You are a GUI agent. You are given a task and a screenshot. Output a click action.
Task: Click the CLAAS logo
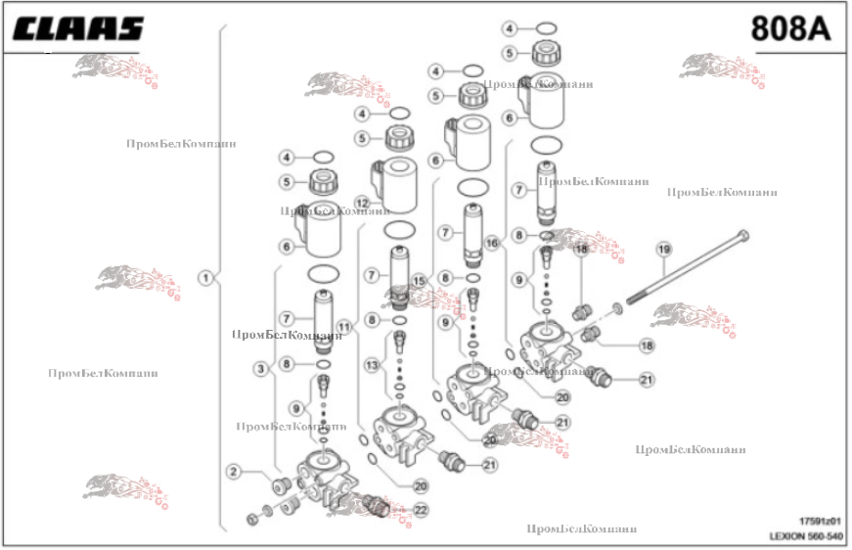point(77,29)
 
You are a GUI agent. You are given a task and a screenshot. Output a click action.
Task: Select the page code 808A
point(790,29)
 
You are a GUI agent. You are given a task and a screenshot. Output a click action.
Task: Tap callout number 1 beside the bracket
point(205,278)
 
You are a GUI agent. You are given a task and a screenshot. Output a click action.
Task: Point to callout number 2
point(234,473)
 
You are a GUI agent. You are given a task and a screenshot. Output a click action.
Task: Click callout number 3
point(261,369)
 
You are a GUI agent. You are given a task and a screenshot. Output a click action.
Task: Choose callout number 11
point(344,326)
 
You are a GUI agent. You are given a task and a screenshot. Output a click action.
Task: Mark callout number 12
point(362,203)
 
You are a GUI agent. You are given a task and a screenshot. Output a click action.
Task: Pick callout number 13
point(372,365)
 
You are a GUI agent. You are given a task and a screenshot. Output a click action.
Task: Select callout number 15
point(420,281)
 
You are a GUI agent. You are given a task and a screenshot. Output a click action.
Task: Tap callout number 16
point(492,242)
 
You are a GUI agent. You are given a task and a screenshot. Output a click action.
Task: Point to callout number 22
point(421,510)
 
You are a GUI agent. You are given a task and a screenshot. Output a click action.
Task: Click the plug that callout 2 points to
point(279,487)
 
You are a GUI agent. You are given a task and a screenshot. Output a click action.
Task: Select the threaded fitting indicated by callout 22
point(373,505)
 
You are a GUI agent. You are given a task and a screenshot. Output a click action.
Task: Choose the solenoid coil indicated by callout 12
point(400,183)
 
